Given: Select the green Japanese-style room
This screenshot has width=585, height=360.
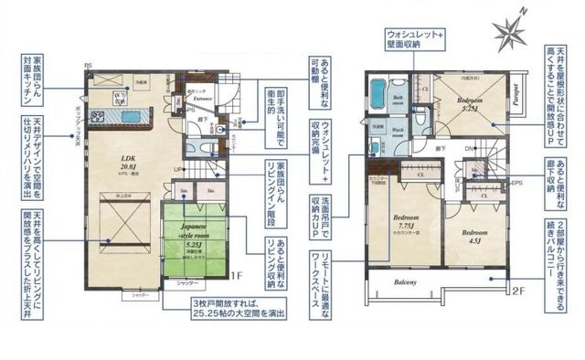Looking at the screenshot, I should click(193, 239).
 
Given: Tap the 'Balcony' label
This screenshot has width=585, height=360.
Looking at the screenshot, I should click(405, 282).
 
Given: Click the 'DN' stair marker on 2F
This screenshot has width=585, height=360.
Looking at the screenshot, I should click(469, 148).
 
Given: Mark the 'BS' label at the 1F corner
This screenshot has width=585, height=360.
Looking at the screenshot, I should click(88, 66).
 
